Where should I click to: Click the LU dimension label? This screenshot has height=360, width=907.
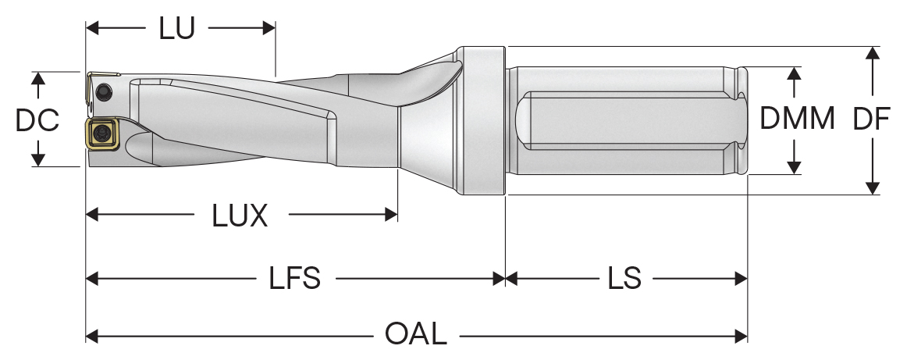point(176,29)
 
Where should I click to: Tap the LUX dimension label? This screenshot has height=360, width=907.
point(240,216)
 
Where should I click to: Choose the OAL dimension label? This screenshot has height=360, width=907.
point(416,335)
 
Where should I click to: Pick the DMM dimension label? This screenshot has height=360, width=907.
point(797,119)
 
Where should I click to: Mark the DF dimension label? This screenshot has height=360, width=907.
point(871,119)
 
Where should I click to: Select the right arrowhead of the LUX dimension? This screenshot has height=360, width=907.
point(392,215)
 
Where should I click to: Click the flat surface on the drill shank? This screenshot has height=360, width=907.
point(624,121)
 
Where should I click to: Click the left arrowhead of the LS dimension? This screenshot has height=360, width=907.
point(512,279)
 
